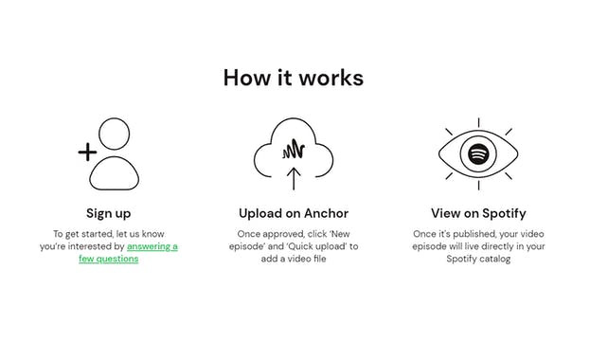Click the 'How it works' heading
(294, 78)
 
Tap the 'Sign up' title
(109, 213)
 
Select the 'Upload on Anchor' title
(294, 213)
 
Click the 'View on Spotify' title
(478, 213)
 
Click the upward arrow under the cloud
(294, 178)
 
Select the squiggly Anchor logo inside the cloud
(294, 149)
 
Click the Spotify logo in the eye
(478, 153)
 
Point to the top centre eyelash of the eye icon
(478, 122)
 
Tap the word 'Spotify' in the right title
(502, 213)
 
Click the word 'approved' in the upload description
(278, 234)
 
